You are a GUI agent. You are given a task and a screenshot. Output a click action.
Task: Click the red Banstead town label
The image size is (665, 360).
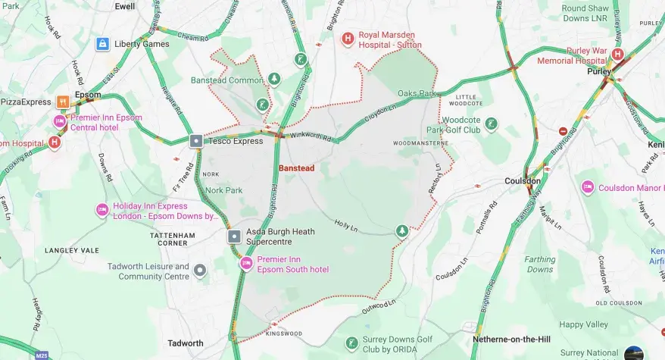(x=296, y=167)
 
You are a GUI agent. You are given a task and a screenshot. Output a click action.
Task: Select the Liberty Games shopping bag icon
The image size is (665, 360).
(x=101, y=44)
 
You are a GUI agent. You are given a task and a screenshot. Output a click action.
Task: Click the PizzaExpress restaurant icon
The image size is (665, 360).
(x=64, y=102)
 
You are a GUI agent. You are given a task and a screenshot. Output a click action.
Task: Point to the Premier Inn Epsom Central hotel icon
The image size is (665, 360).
(x=59, y=121)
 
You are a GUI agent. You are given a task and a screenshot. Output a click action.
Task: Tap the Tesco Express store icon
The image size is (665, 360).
(x=195, y=141)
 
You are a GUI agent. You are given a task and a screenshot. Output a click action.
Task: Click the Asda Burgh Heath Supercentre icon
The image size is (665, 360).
(x=234, y=236)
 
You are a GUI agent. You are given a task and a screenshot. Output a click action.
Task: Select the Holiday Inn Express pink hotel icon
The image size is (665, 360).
(x=101, y=210)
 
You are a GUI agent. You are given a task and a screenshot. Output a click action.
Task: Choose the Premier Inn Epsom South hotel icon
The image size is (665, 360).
(x=245, y=264)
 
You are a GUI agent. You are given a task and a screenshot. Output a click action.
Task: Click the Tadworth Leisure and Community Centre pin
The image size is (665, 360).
(x=200, y=271)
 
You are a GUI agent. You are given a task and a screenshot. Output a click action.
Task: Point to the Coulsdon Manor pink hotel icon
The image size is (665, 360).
(x=587, y=187)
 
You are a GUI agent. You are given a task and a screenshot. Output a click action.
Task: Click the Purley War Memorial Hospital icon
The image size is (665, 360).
(x=618, y=55)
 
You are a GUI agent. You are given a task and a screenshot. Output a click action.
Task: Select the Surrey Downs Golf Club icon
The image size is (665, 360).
(x=351, y=344)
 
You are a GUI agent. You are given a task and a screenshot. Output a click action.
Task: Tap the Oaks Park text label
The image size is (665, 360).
(x=417, y=94)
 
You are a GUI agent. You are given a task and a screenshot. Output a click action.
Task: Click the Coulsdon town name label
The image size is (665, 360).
(x=523, y=181)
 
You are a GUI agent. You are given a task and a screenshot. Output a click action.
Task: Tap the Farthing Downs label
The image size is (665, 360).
(x=540, y=265)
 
